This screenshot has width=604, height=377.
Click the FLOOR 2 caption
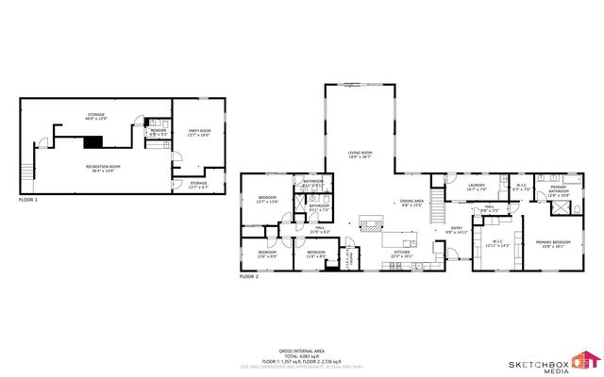pos(248,277)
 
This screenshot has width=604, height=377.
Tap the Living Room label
pos(361,155)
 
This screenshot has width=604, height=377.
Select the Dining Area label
pos(411,203)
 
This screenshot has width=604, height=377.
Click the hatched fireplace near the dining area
pos(369,224)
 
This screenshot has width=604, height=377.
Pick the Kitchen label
pos(403,253)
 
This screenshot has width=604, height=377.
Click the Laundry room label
pos(477,187)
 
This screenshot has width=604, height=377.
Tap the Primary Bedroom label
pos(555,244)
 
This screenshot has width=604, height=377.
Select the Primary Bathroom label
pos(558,189)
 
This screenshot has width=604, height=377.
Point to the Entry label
pos(456,229)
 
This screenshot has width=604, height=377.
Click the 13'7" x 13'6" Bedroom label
pos(267,200)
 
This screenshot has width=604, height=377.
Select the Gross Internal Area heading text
pos(302,348)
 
